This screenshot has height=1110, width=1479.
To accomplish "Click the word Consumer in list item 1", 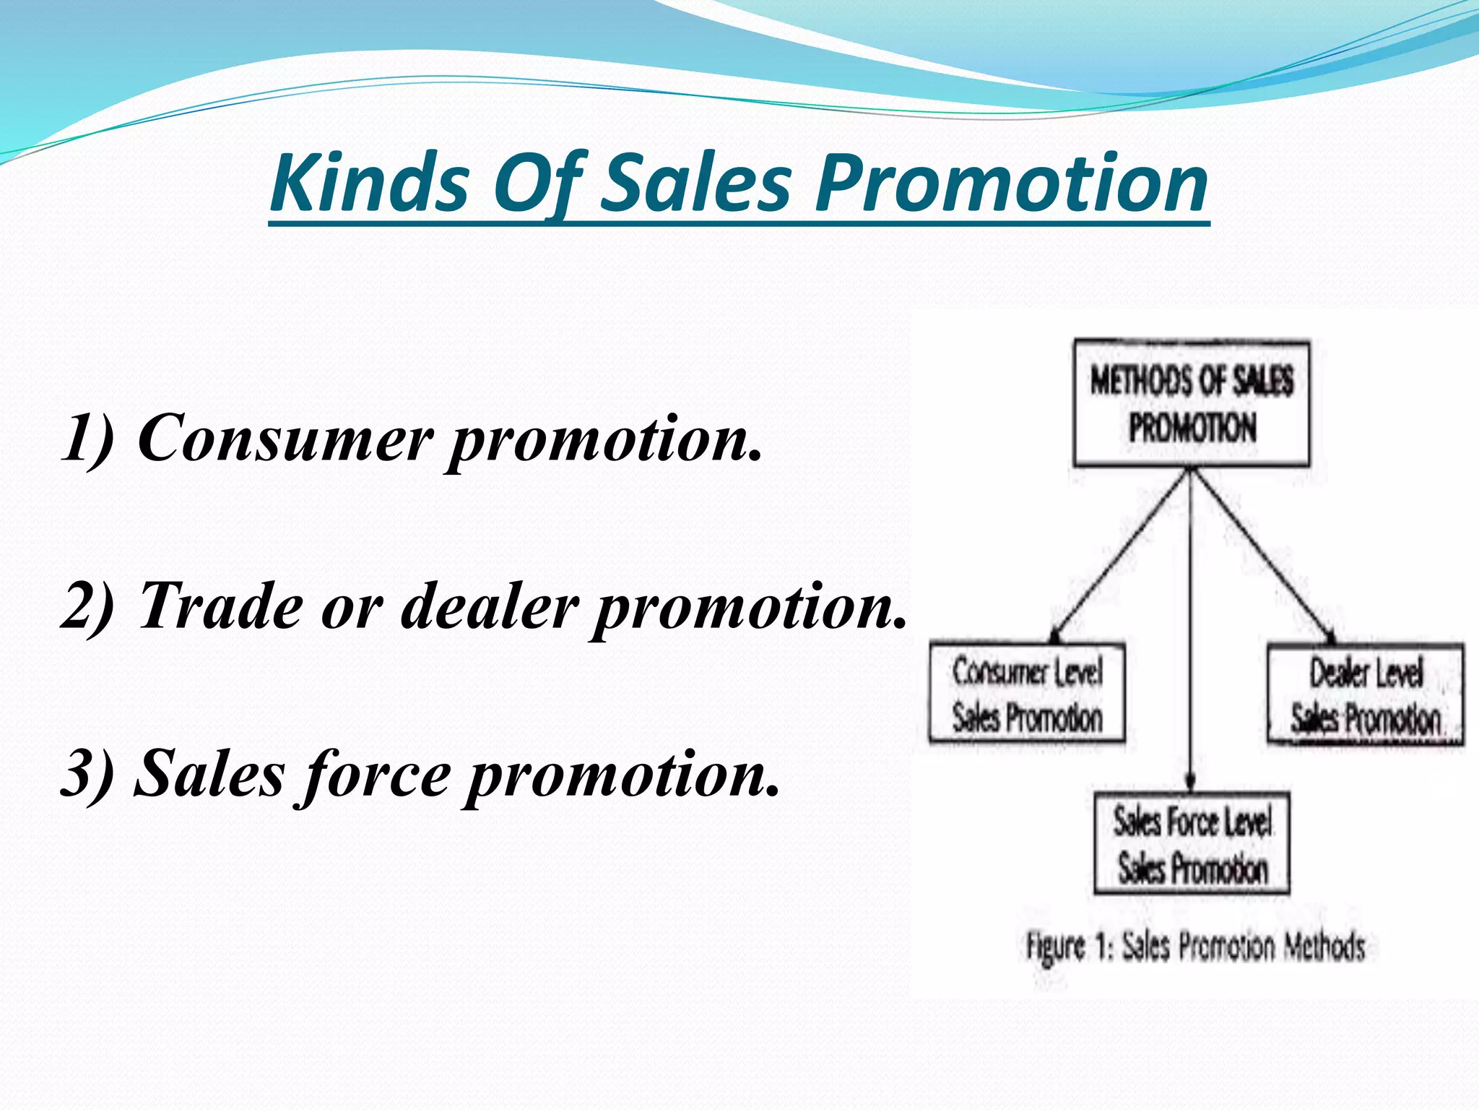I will [x=285, y=437].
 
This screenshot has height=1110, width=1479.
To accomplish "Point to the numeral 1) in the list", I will [x=87, y=437].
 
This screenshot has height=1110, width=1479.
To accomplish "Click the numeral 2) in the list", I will [x=87, y=606].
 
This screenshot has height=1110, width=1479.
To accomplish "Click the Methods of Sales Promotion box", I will [x=1192, y=403].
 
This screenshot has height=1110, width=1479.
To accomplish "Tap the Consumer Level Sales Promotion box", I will [x=1027, y=693].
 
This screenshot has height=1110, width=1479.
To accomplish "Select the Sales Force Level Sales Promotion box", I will [x=1192, y=843].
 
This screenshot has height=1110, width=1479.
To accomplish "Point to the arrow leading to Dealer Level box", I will [x=1264, y=556].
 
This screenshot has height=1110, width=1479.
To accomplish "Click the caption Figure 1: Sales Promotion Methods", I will [x=1195, y=947].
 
